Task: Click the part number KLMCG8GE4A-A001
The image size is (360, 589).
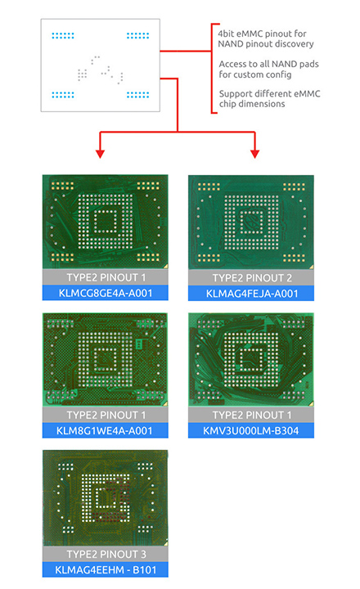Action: click(106, 293)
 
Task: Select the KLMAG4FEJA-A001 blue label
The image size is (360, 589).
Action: click(251, 294)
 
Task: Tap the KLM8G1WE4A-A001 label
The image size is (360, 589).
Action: click(106, 430)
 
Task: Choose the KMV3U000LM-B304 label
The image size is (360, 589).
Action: click(251, 430)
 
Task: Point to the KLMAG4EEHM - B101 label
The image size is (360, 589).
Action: click(106, 569)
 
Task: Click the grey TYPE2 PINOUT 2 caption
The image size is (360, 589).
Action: click(251, 277)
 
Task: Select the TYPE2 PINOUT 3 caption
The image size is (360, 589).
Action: click(106, 554)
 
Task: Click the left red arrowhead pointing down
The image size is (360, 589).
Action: click(100, 154)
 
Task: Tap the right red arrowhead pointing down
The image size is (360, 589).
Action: click(254, 154)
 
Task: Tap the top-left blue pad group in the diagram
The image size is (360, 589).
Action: click(63, 36)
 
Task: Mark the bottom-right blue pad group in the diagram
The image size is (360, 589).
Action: click(138, 95)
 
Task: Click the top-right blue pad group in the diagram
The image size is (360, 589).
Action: click(138, 36)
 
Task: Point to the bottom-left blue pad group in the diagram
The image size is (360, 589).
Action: click(63, 95)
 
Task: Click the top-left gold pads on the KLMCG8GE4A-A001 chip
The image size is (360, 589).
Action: click(62, 186)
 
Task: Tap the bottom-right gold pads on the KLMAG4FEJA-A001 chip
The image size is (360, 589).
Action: click(294, 258)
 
